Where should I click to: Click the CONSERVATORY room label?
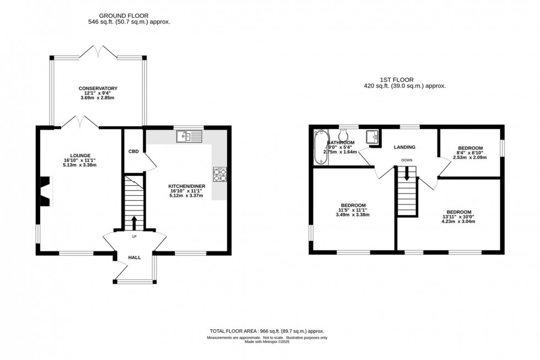pyautogui.click(x=98, y=88)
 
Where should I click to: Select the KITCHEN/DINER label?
pyautogui.click(x=187, y=186)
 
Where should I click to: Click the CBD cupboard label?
pyautogui.click(x=133, y=151)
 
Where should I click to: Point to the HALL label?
pyautogui.click(x=134, y=257)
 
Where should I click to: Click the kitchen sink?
pyautogui.click(x=189, y=136)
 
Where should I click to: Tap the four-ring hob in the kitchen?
pyautogui.click(x=220, y=174)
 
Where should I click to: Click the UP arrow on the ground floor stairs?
pyautogui.click(x=133, y=223)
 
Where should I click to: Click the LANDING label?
pyautogui.click(x=404, y=147)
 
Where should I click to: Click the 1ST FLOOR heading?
pyautogui.click(x=404, y=79)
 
